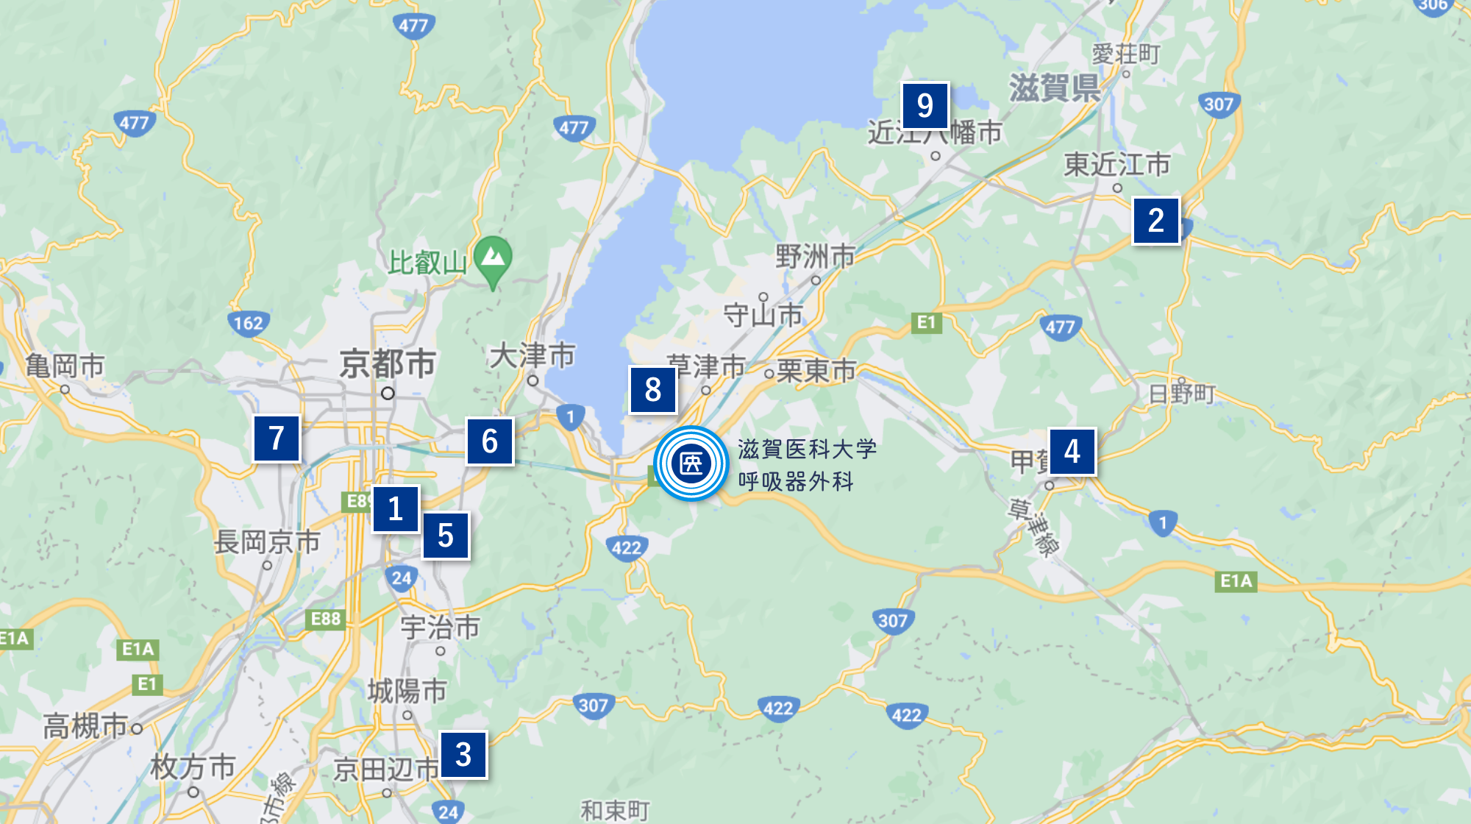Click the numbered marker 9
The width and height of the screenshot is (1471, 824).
[925, 105]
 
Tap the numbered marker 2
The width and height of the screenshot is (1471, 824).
[1155, 220]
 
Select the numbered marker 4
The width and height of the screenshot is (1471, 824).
[1072, 451]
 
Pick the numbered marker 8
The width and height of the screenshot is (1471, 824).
[652, 390]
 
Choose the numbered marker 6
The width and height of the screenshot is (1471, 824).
[489, 441]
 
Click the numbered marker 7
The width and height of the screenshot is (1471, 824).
[277, 438]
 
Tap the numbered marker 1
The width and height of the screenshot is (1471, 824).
[396, 508]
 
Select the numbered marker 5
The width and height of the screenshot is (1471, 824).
[446, 536]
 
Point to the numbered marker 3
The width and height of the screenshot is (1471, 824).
[463, 754]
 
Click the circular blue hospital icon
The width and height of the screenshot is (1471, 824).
[691, 464]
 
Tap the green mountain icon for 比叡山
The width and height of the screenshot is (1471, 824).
[493, 258]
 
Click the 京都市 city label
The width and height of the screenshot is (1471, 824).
[388, 363]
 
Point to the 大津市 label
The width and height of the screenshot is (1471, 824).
[532, 356]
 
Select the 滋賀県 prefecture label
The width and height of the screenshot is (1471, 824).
[1054, 88]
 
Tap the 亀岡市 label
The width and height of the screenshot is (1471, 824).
[65, 366]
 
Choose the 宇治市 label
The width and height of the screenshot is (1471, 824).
[440, 628]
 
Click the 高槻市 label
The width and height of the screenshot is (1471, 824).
[85, 726]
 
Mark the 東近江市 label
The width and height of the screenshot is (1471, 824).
[1116, 165]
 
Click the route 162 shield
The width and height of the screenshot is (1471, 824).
[249, 323]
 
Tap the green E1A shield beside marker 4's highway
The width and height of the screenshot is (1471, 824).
[1236, 581]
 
